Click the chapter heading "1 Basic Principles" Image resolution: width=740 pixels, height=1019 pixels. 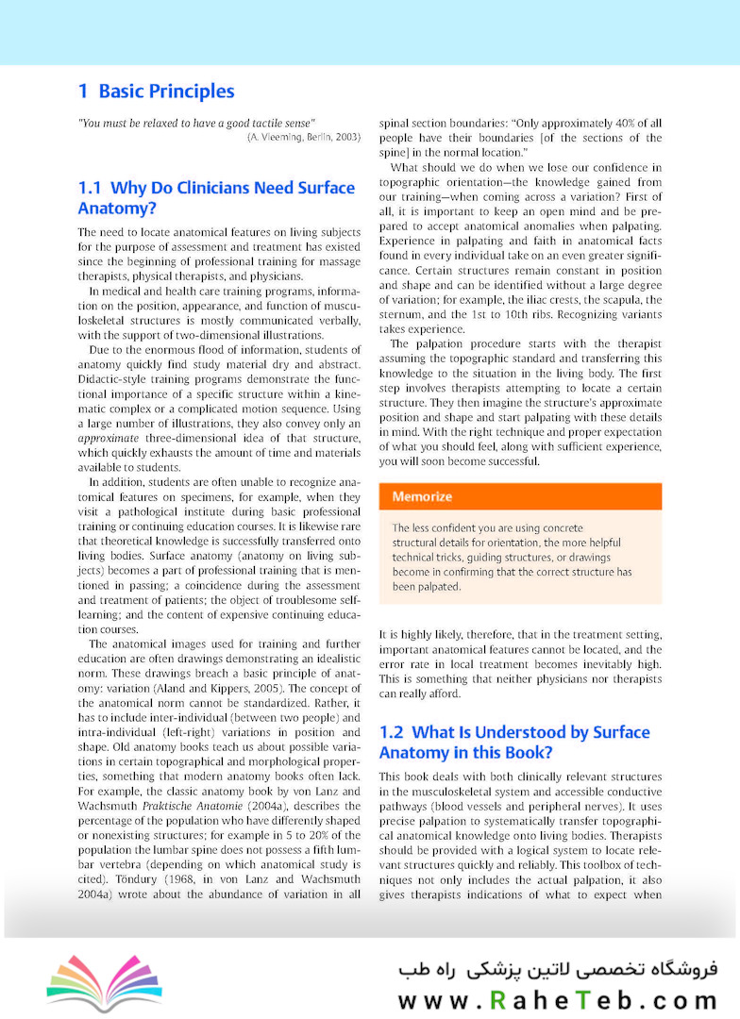[156, 92]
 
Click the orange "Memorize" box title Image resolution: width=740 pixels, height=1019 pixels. [422, 496]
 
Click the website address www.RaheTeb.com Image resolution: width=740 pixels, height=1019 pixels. [557, 1000]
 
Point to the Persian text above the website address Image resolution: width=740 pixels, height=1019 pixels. [557, 969]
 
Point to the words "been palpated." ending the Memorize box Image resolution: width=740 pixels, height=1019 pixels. [427, 587]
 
